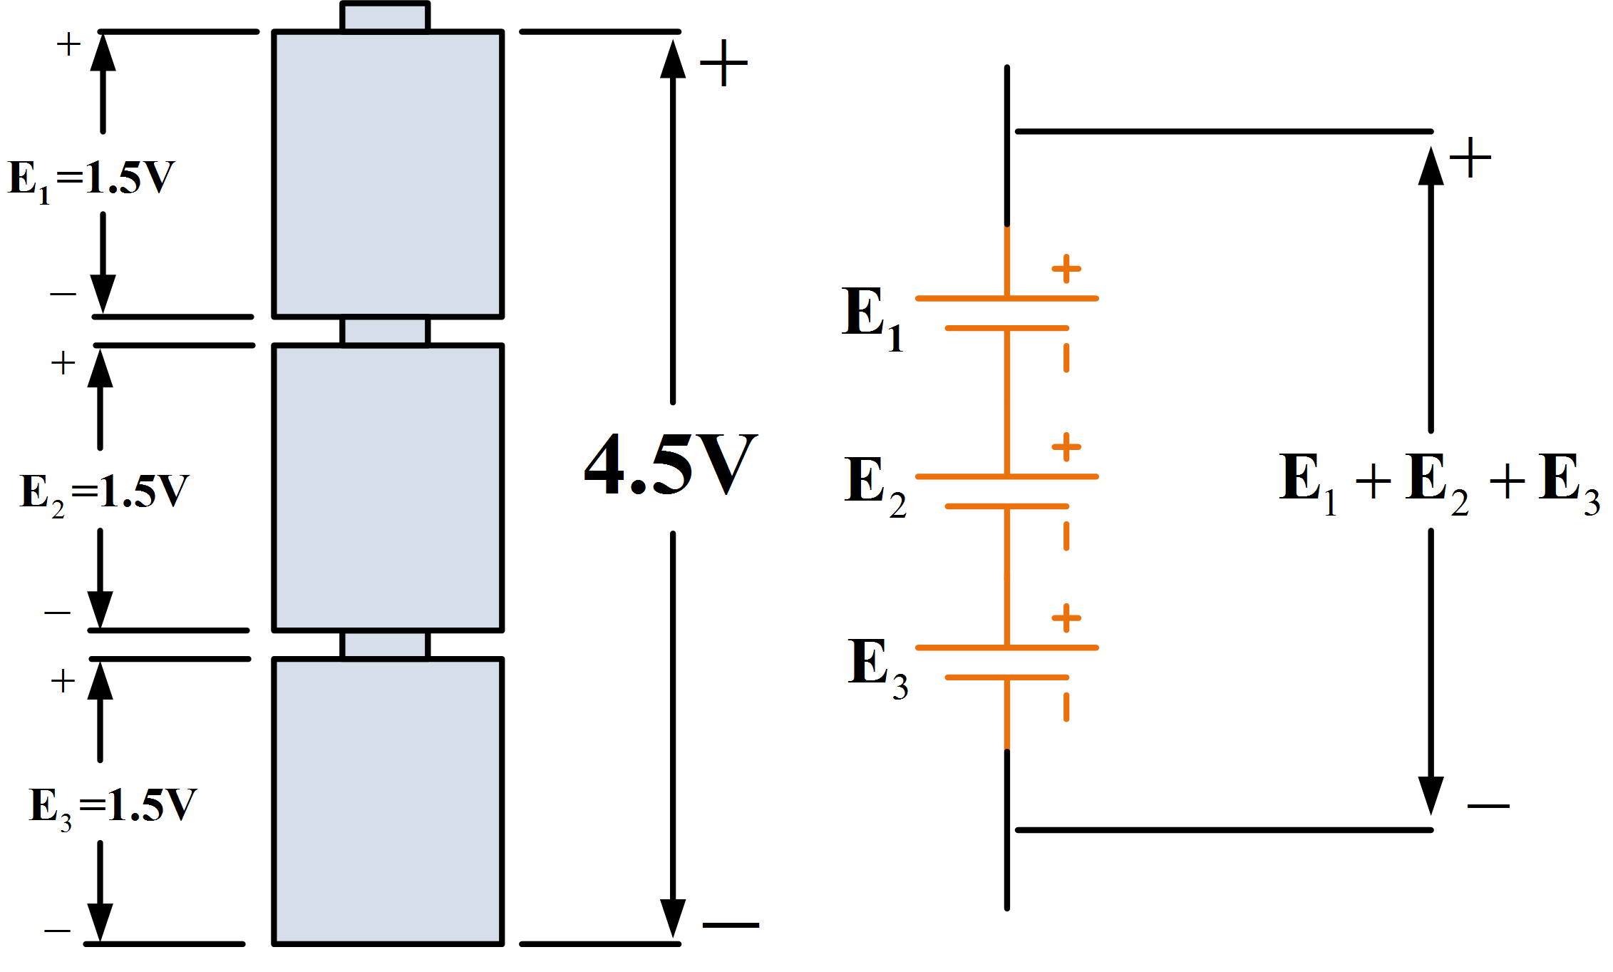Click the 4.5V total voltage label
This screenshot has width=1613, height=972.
[670, 465]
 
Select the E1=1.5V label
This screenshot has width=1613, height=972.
[91, 179]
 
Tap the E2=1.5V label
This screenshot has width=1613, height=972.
[104, 493]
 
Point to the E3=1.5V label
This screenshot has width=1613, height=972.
[112, 807]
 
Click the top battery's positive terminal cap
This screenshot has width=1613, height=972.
[385, 17]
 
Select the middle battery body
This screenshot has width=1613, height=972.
[388, 488]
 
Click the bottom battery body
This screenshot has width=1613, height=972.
[388, 802]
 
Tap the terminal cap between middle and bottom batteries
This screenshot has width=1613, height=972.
[385, 645]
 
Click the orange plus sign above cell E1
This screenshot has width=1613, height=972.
[1066, 269]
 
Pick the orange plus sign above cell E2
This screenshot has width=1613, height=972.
[1066, 447]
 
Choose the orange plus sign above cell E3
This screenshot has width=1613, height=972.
[1066, 618]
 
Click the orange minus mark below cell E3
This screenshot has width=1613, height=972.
[1066, 707]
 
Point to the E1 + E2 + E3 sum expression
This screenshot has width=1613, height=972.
[1438, 482]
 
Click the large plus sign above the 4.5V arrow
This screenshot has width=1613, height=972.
[723, 63]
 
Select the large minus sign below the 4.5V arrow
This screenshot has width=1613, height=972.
[731, 925]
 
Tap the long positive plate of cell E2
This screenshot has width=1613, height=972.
[1006, 476]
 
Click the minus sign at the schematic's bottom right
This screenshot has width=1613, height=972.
[1488, 806]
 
